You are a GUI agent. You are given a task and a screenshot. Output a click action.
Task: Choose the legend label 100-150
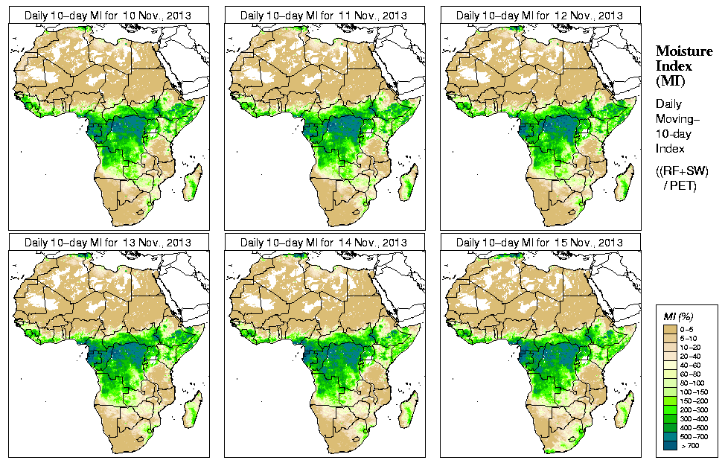coord(694,392)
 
